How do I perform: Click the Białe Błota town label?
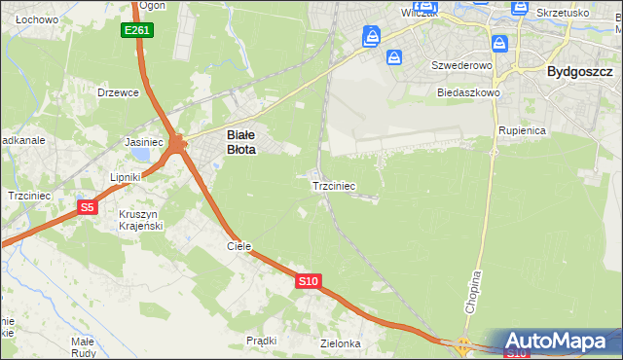(240, 143)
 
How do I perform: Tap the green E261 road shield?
(137, 31)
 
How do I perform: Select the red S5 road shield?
(88, 207)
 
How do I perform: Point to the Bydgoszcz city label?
(579, 71)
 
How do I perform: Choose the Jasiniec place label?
(144, 142)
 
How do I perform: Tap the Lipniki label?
(127, 177)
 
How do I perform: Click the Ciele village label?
(239, 246)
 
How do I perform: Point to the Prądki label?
(262, 341)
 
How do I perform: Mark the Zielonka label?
(341, 343)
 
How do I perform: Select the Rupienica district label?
(523, 129)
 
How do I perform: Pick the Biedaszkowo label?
(468, 93)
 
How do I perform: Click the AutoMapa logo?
(560, 342)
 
